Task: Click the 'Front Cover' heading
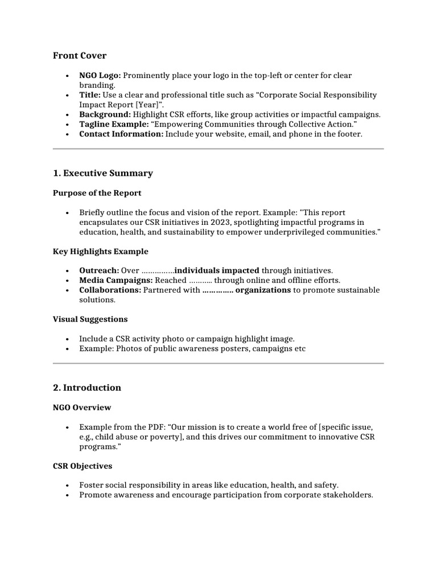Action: coord(80,55)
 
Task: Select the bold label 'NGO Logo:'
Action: coord(100,75)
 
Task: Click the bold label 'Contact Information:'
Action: coord(121,134)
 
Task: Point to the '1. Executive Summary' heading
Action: coord(103,173)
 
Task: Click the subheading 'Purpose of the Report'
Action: coord(97,193)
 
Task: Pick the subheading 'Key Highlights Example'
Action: coord(101,251)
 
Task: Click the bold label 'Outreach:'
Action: coord(99,270)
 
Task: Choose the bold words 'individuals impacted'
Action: coord(217,270)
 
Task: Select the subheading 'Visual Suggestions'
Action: coord(90,319)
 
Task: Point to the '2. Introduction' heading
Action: coord(87,388)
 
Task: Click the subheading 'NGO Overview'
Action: coord(82,408)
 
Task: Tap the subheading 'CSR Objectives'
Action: coord(83,466)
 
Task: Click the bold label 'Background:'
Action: coord(105,114)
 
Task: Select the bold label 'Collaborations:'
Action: coord(110,290)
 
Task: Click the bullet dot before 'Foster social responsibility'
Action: coord(67,486)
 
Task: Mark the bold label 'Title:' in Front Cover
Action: coord(90,95)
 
